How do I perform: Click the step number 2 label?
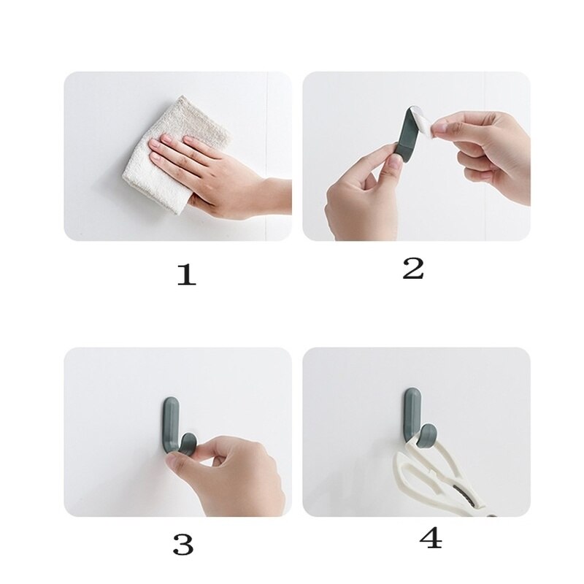pos(412,268)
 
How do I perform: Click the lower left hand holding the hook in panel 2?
pos(358,197)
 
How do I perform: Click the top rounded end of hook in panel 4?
pos(410,395)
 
